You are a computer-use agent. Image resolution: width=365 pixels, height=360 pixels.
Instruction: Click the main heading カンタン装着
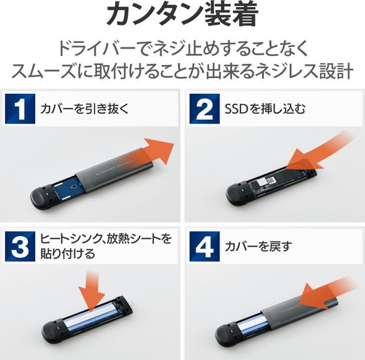point(182,14)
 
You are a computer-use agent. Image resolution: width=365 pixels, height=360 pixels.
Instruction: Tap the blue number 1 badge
point(20,109)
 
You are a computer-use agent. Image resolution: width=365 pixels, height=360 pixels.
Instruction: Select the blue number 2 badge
point(205,109)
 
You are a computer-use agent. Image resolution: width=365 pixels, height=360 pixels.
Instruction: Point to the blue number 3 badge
point(20,246)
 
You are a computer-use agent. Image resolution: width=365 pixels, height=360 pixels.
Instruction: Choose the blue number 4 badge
point(205,246)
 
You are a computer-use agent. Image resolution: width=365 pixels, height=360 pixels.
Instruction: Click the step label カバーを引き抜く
point(84,109)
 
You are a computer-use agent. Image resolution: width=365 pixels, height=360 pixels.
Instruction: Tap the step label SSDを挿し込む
point(265,109)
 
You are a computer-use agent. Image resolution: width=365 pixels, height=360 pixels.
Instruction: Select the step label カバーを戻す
point(258,246)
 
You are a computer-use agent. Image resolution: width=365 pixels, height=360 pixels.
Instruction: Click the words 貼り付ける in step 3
point(68,253)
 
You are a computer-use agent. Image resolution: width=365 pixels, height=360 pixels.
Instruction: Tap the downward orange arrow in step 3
point(91,291)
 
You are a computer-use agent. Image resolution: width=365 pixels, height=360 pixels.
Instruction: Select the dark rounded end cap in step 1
point(44,195)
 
